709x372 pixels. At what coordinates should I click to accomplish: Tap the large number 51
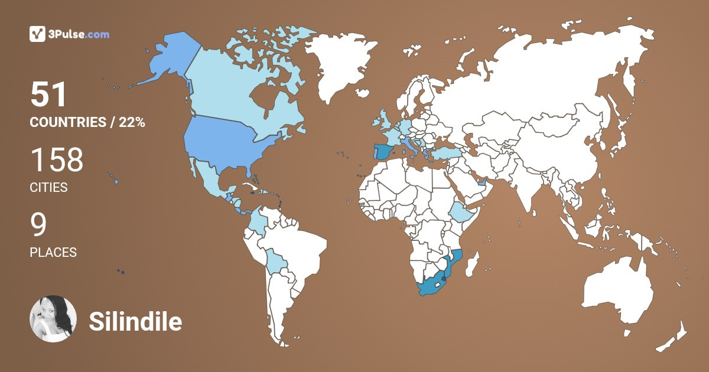tap(48, 95)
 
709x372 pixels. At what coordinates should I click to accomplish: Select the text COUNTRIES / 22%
tap(87, 122)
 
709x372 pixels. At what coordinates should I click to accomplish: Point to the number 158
tap(57, 161)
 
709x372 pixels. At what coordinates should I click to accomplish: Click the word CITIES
tap(48, 188)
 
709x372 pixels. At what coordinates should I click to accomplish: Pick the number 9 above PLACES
tap(38, 225)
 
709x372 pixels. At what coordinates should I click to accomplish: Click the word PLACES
tap(53, 252)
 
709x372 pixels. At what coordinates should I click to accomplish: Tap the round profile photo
tap(53, 319)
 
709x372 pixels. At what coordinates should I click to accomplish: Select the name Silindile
tap(135, 322)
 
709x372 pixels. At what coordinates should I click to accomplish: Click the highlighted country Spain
tap(382, 152)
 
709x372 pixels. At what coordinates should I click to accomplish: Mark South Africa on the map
tap(431, 286)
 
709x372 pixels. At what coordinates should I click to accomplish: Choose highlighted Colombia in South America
tap(255, 221)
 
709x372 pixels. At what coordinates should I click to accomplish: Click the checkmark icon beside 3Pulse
tap(37, 34)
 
